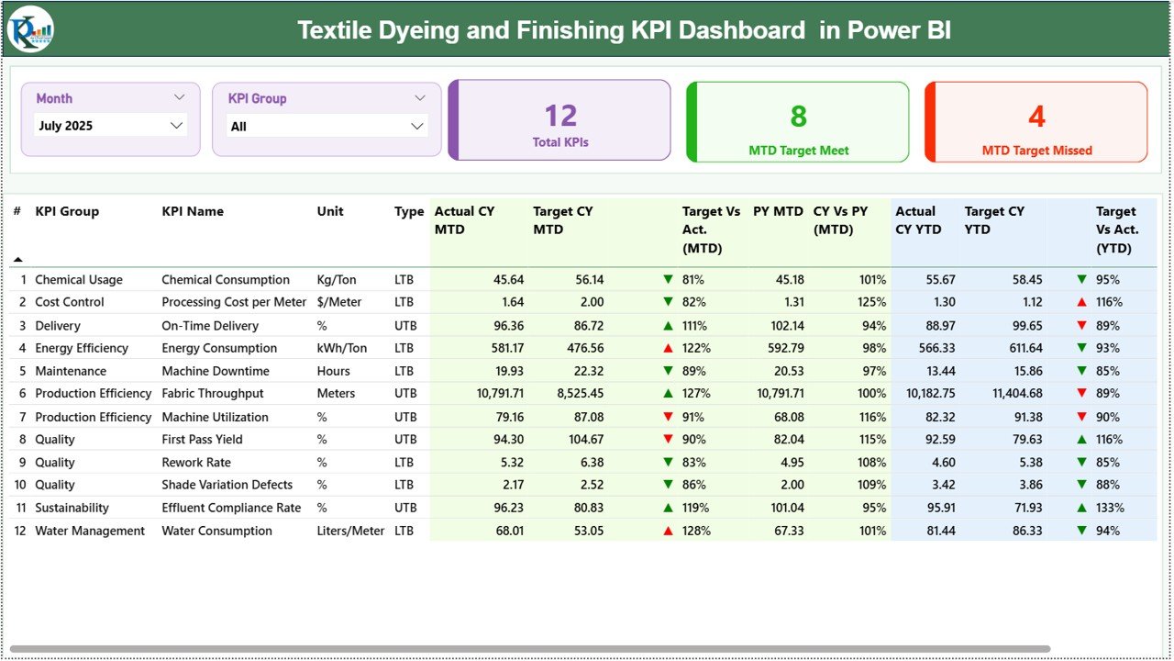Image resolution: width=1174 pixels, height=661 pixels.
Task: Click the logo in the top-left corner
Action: pyautogui.click(x=30, y=29)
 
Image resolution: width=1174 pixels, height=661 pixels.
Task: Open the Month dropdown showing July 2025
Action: pyautogui.click(x=110, y=126)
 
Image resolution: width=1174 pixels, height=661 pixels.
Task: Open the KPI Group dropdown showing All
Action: pyautogui.click(x=327, y=127)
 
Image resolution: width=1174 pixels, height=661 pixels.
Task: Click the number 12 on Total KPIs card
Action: pyautogui.click(x=560, y=116)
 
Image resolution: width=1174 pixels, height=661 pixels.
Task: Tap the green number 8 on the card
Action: pyautogui.click(x=798, y=116)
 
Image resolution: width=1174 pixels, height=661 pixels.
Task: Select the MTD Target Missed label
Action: pyautogui.click(x=1036, y=151)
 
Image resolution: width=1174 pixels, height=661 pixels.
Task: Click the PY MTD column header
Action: pyautogui.click(x=778, y=211)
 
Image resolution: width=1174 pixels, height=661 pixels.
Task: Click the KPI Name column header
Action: pyautogui.click(x=193, y=211)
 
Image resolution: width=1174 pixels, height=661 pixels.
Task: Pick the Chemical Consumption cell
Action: pyautogui.click(x=226, y=280)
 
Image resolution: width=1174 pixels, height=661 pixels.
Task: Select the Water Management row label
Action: pyautogui.click(x=90, y=531)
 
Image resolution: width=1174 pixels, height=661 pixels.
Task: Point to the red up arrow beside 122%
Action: pyautogui.click(x=668, y=349)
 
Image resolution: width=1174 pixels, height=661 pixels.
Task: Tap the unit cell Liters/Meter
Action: pyautogui.click(x=350, y=531)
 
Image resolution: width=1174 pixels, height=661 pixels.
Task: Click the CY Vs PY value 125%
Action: pyautogui.click(x=873, y=302)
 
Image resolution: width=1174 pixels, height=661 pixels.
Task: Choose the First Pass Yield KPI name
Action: pyautogui.click(x=202, y=439)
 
